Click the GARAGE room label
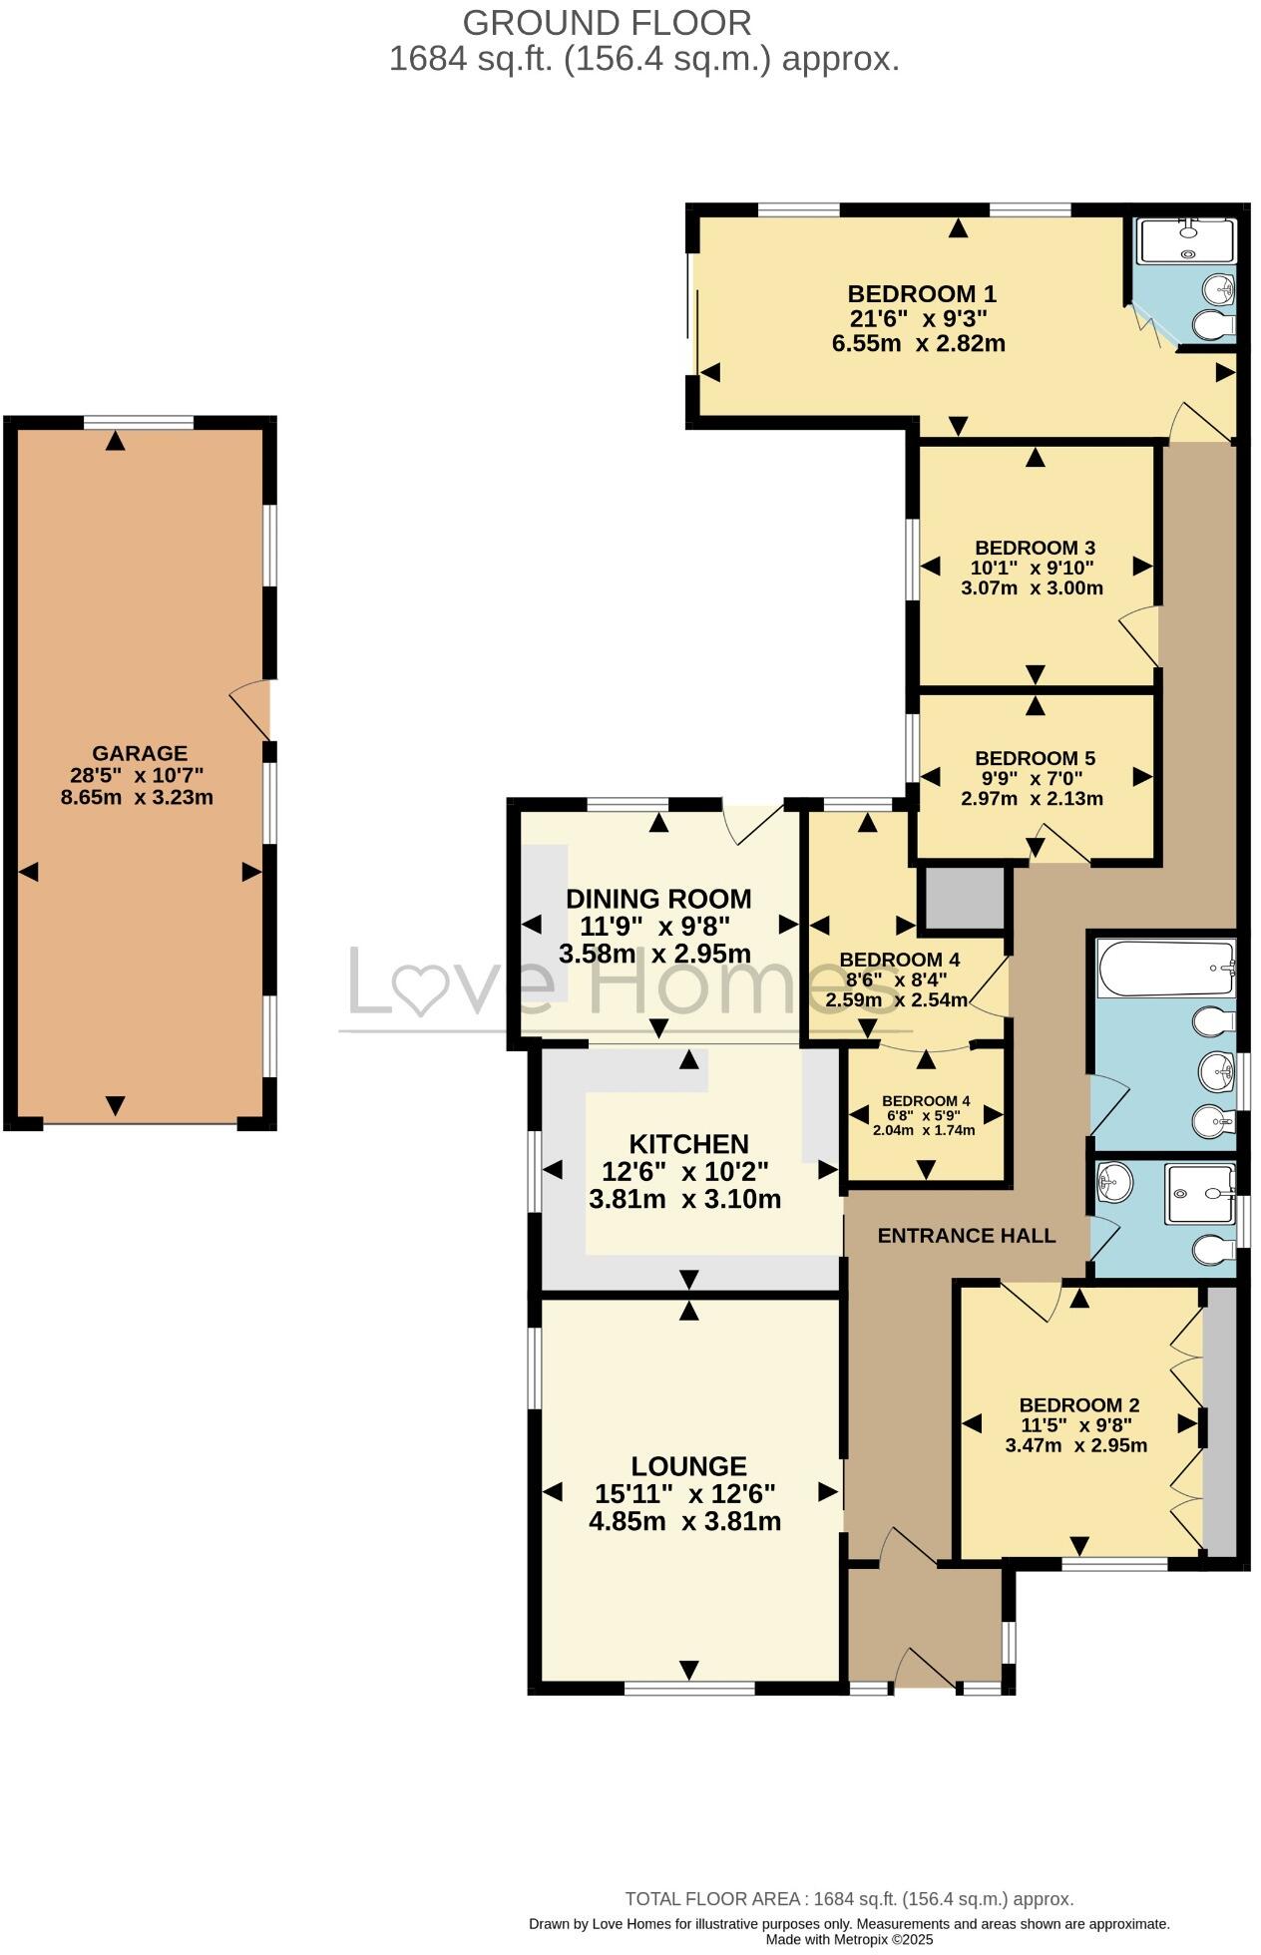tap(140, 753)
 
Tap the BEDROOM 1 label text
tap(922, 294)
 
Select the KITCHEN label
tap(688, 1144)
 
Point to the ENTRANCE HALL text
tap(966, 1236)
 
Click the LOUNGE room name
tap(688, 1466)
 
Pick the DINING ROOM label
tap(658, 899)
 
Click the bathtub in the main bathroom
tap(1165, 968)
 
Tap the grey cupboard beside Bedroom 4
tap(964, 899)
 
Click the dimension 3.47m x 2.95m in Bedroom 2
tap(1076, 1445)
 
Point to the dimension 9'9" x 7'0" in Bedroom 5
tap(1036, 779)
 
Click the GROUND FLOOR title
tap(607, 22)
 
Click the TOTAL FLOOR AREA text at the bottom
tap(849, 1899)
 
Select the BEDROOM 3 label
tap(1035, 548)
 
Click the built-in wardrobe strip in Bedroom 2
tap(1220, 1421)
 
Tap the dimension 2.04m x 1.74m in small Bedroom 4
tap(924, 1130)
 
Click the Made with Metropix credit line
tap(849, 1940)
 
